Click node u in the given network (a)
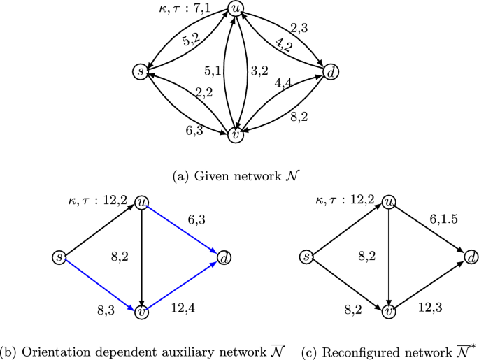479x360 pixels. pyautogui.click(x=236, y=10)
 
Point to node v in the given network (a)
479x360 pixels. pyautogui.click(x=236, y=135)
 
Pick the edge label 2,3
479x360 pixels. pyautogui.click(x=299, y=29)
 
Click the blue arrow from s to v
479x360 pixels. pyautogui.click(x=99, y=283)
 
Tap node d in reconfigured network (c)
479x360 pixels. pyautogui.click(x=471, y=257)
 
